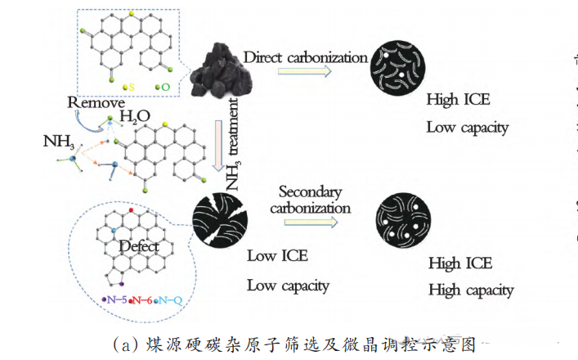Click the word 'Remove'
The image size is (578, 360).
[x=96, y=103]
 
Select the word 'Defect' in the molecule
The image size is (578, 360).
[x=138, y=245]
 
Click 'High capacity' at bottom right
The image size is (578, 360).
[x=471, y=290]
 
